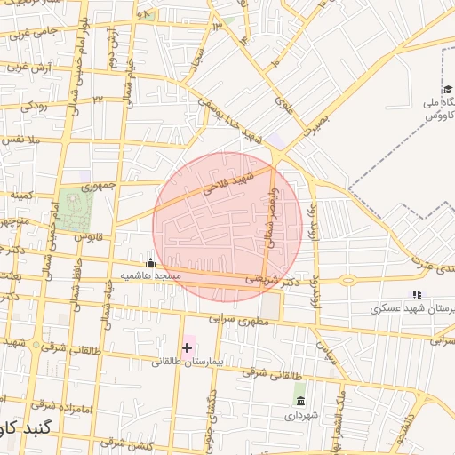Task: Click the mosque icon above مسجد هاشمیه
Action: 149,263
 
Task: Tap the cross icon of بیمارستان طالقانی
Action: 187,347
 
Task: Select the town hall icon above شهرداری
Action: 299,400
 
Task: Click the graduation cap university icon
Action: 448,89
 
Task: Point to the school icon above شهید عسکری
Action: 414,294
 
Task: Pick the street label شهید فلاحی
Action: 228,183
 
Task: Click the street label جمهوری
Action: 100,188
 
